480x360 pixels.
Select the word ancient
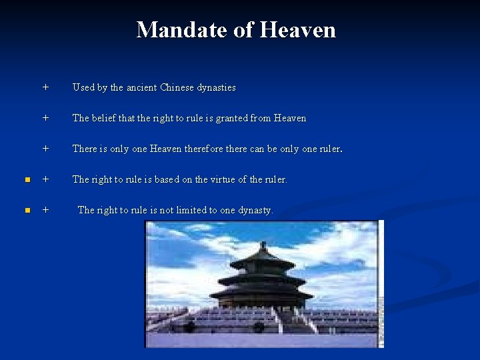(141, 87)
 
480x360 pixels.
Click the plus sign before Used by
(45, 87)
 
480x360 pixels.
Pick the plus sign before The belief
(45, 118)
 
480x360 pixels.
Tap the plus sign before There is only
(45, 149)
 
